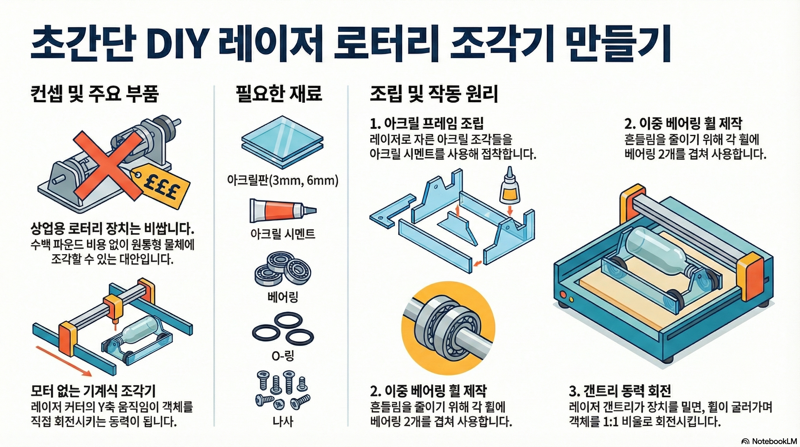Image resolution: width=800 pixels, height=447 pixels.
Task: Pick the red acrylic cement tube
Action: [282, 211]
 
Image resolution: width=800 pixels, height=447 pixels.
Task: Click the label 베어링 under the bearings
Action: [283, 297]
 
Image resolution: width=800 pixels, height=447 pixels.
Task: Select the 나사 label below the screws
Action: [283, 421]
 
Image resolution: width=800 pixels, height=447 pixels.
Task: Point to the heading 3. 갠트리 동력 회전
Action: [620, 391]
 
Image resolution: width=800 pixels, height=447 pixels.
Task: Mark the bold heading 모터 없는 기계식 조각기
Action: [93, 391]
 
